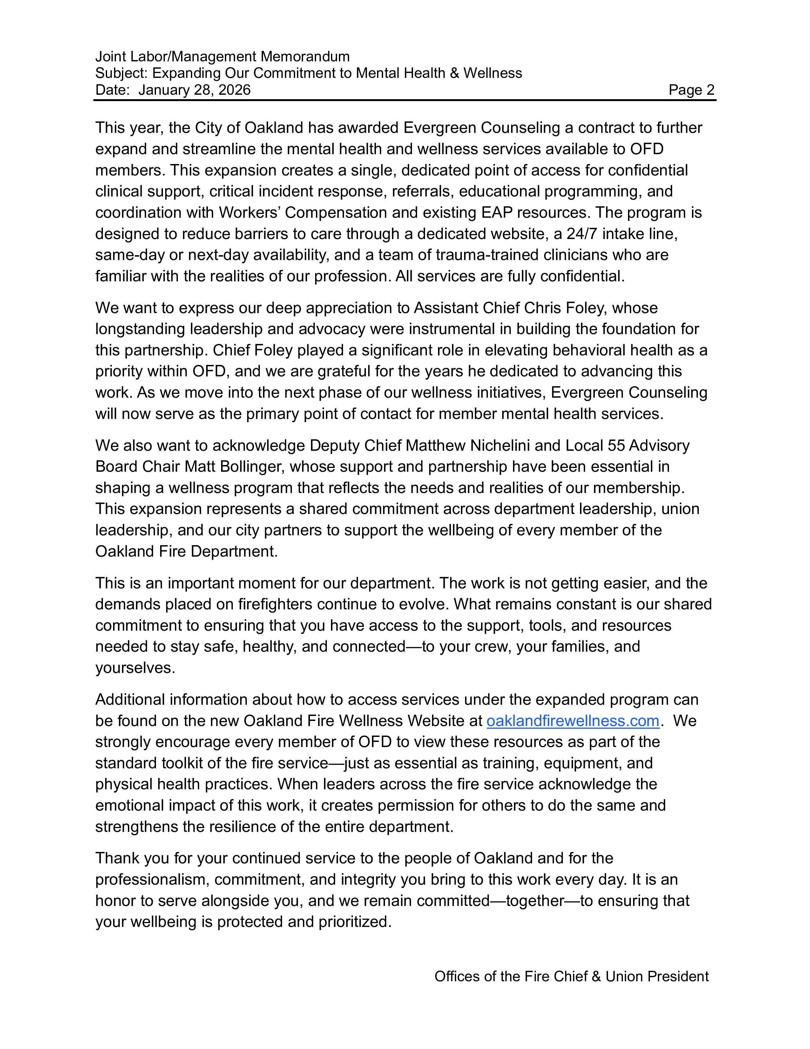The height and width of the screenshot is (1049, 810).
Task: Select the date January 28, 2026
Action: (194, 90)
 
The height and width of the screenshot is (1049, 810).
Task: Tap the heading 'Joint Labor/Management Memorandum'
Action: (222, 57)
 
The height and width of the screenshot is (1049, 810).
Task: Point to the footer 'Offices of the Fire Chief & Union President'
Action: (571, 977)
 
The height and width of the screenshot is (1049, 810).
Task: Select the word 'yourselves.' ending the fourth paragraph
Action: (135, 668)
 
